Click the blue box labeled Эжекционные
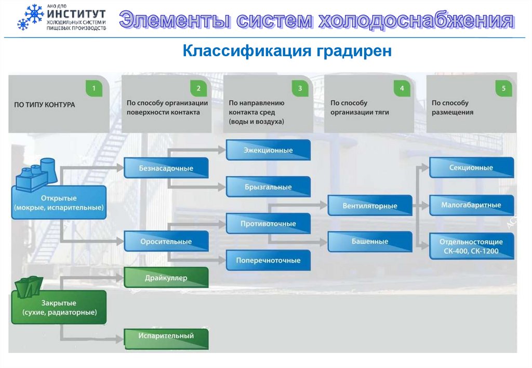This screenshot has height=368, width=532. pos(268,150)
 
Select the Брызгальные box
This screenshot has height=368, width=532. pos(268,187)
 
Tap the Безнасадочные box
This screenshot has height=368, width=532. pos(166,168)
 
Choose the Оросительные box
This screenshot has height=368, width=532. pos(166,242)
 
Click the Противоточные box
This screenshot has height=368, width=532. pos(268,224)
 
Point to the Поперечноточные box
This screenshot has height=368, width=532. pos(268,260)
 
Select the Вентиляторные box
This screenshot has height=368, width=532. pos(369,206)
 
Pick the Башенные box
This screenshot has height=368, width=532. pos(369,242)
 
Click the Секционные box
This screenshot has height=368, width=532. pos(471,168)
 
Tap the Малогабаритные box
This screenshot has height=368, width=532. pos(471,205)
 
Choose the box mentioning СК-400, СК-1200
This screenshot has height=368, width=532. pos(471,246)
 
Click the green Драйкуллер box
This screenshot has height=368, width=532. pos(166,278)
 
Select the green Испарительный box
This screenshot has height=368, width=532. pos(166,336)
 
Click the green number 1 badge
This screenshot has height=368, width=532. pos(94,88)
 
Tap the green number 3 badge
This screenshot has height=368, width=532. pos(299,88)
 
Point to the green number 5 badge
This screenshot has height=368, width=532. pos(503,88)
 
